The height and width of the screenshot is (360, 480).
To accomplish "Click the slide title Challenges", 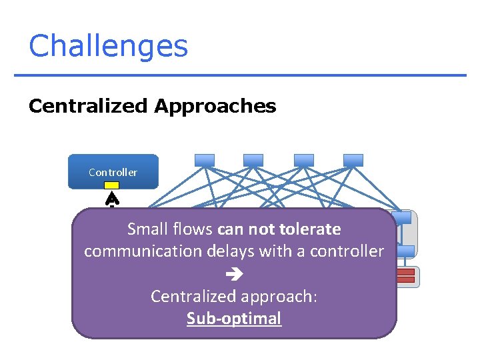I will [x=108, y=47].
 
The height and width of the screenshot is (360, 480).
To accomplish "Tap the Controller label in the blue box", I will [x=113, y=172].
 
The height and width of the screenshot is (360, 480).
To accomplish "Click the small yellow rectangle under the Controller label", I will [x=112, y=185].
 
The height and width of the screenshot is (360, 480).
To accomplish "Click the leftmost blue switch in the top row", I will [x=204, y=160].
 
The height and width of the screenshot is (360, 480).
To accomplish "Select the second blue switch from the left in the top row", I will [x=253, y=160].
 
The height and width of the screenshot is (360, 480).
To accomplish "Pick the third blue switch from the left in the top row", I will [x=303, y=160].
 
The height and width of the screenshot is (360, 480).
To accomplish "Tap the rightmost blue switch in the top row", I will [x=353, y=160].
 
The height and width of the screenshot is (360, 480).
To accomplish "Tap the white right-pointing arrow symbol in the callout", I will [x=234, y=274].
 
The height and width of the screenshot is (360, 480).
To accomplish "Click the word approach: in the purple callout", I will [x=279, y=296].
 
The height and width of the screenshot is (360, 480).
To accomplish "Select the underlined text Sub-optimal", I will [x=234, y=318].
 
